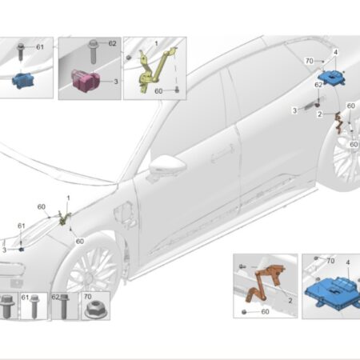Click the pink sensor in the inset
tap(85, 80)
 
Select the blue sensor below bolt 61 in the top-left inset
tap(23, 81)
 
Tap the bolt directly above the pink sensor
tap(93, 52)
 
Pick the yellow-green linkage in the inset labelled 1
tap(154, 70)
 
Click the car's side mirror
tap(166, 166)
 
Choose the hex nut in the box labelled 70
tap(95, 310)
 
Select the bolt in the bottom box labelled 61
tap(34, 306)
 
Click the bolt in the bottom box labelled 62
tap(64, 306)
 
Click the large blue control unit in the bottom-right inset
tap(332, 293)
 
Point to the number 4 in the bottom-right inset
tap(348, 262)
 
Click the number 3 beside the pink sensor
tap(116, 82)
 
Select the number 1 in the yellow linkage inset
tap(157, 43)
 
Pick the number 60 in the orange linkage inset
tap(265, 311)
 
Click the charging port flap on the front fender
tap(124, 216)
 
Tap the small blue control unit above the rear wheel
tap(331, 77)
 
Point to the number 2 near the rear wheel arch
tap(320, 114)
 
